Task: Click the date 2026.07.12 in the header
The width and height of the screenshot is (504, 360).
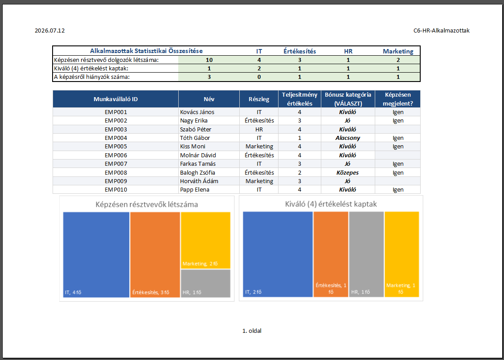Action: pos(50,31)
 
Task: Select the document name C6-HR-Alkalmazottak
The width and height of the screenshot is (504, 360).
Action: pos(442,31)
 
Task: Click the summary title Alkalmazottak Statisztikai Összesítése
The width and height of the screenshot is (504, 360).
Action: pos(146,51)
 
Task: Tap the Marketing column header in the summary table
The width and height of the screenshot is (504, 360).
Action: pos(398,51)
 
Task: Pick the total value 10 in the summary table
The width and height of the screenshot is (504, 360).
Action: pos(209,60)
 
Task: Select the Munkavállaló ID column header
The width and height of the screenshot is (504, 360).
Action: pos(116,99)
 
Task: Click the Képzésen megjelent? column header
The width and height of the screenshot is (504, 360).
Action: pos(398,99)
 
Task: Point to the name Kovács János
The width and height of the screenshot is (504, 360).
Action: pos(197,112)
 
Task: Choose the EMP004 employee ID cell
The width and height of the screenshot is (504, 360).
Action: pos(116,138)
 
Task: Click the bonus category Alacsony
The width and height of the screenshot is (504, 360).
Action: pos(348,138)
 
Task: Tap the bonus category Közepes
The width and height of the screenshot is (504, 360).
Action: pos(348,172)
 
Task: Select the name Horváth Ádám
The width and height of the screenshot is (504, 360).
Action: pos(199,181)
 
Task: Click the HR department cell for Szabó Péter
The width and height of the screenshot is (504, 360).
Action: pos(259,129)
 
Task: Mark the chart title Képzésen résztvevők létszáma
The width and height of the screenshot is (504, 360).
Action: pos(147,205)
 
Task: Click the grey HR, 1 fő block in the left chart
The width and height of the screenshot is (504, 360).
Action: pos(206,283)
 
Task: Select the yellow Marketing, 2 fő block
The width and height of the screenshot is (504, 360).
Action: pos(206,240)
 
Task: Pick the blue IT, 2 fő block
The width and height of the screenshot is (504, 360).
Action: pos(278,254)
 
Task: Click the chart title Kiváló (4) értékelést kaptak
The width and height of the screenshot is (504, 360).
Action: pos(331,204)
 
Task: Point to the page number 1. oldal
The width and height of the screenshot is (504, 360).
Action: pos(252,331)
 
